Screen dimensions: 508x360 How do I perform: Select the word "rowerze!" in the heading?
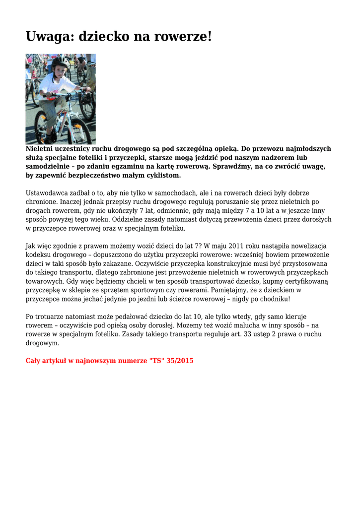click(x=184, y=36)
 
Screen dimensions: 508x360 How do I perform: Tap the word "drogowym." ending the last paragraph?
click(x=43, y=343)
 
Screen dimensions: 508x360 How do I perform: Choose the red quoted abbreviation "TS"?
click(x=155, y=361)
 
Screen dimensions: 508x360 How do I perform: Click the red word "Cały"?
click(x=34, y=361)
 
